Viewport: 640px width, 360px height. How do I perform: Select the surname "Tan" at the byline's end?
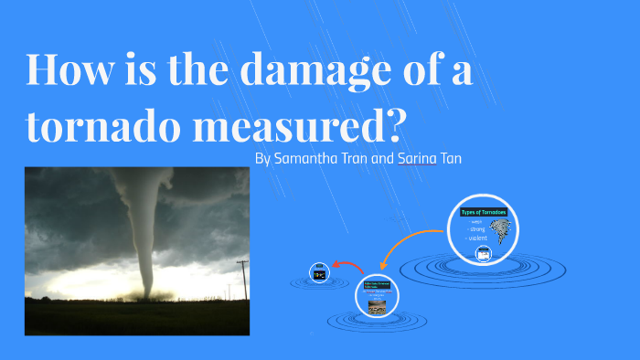click(x=451, y=158)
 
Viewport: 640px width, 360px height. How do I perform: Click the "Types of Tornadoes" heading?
click(x=484, y=212)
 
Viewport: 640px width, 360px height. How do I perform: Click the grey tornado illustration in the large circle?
click(x=502, y=232)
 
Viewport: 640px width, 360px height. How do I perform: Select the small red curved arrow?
click(x=348, y=266)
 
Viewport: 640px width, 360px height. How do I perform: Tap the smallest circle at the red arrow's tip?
click(x=319, y=272)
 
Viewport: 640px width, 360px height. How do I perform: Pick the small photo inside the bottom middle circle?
click(x=377, y=307)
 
